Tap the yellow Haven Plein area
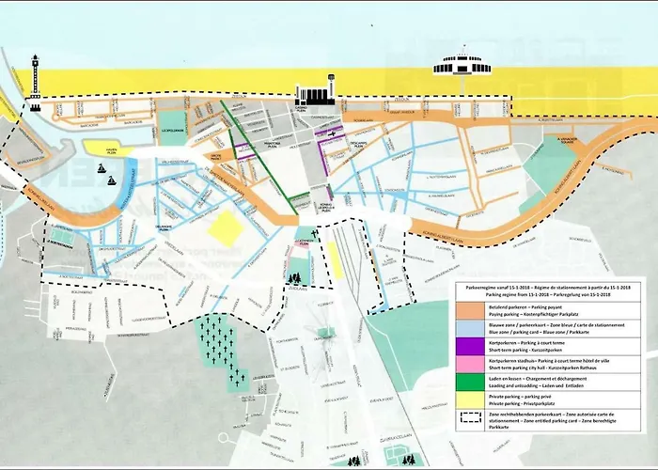[x=106, y=148]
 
